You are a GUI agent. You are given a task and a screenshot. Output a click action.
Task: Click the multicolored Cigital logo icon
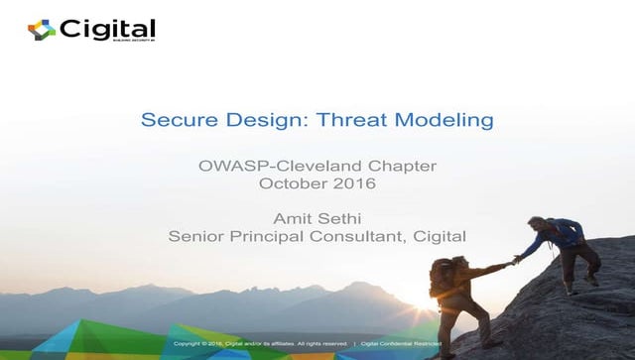pos(42,30)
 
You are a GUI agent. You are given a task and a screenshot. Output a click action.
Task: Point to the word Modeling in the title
pos(444,121)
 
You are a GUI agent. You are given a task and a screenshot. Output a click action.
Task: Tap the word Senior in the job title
pos(194,235)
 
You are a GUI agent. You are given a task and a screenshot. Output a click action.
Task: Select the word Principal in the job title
pos(266,235)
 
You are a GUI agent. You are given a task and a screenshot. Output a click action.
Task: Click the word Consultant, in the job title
pos(352,235)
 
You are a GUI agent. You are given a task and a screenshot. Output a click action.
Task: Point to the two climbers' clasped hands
pos(515,260)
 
